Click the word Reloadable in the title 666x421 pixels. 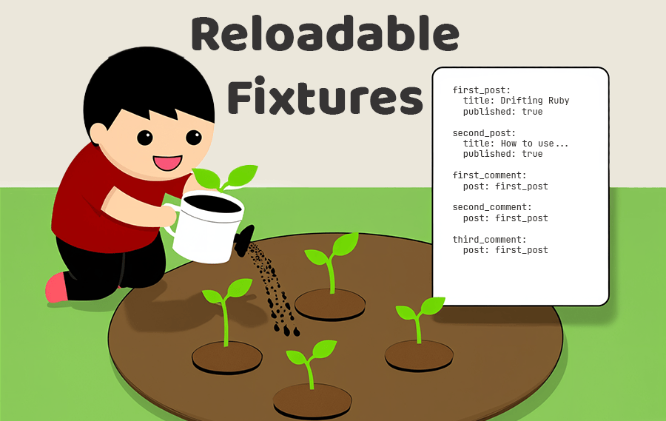[x=324, y=35]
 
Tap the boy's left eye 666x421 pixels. [x=144, y=137]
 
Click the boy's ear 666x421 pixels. [x=98, y=133]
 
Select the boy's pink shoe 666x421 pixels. [x=55, y=289]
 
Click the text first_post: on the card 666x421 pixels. [x=482, y=90]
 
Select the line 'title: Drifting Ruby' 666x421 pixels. [x=516, y=101]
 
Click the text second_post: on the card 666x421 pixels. [x=485, y=133]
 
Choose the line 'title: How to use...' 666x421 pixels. [x=516, y=144]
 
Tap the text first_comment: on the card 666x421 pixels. [x=489, y=175]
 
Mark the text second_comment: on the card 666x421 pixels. [x=492, y=208]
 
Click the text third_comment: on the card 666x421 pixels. [x=489, y=240]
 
